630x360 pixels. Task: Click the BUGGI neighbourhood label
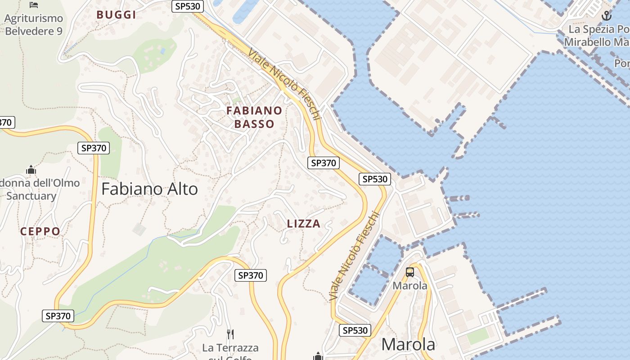coord(116,15)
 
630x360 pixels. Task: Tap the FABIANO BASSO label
coord(254,117)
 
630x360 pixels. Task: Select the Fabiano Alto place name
coord(149,189)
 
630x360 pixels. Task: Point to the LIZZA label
coord(304,224)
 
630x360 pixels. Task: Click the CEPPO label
coord(40,232)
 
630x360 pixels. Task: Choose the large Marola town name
coord(408,344)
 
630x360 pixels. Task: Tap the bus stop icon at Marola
coord(409,272)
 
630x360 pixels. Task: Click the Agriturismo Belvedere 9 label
coord(34,25)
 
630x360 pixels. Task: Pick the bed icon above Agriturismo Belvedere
coord(34,5)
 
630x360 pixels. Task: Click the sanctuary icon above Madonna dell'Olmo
coord(31,170)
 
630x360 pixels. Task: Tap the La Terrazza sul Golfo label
coord(230,351)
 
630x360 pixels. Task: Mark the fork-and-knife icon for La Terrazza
coord(230,334)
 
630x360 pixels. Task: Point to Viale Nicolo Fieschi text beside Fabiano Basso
coord(284,83)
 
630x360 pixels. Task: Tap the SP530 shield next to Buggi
coord(188,6)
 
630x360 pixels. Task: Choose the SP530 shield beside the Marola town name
coord(355,330)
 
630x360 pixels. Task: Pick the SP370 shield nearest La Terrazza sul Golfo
coord(251,275)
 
